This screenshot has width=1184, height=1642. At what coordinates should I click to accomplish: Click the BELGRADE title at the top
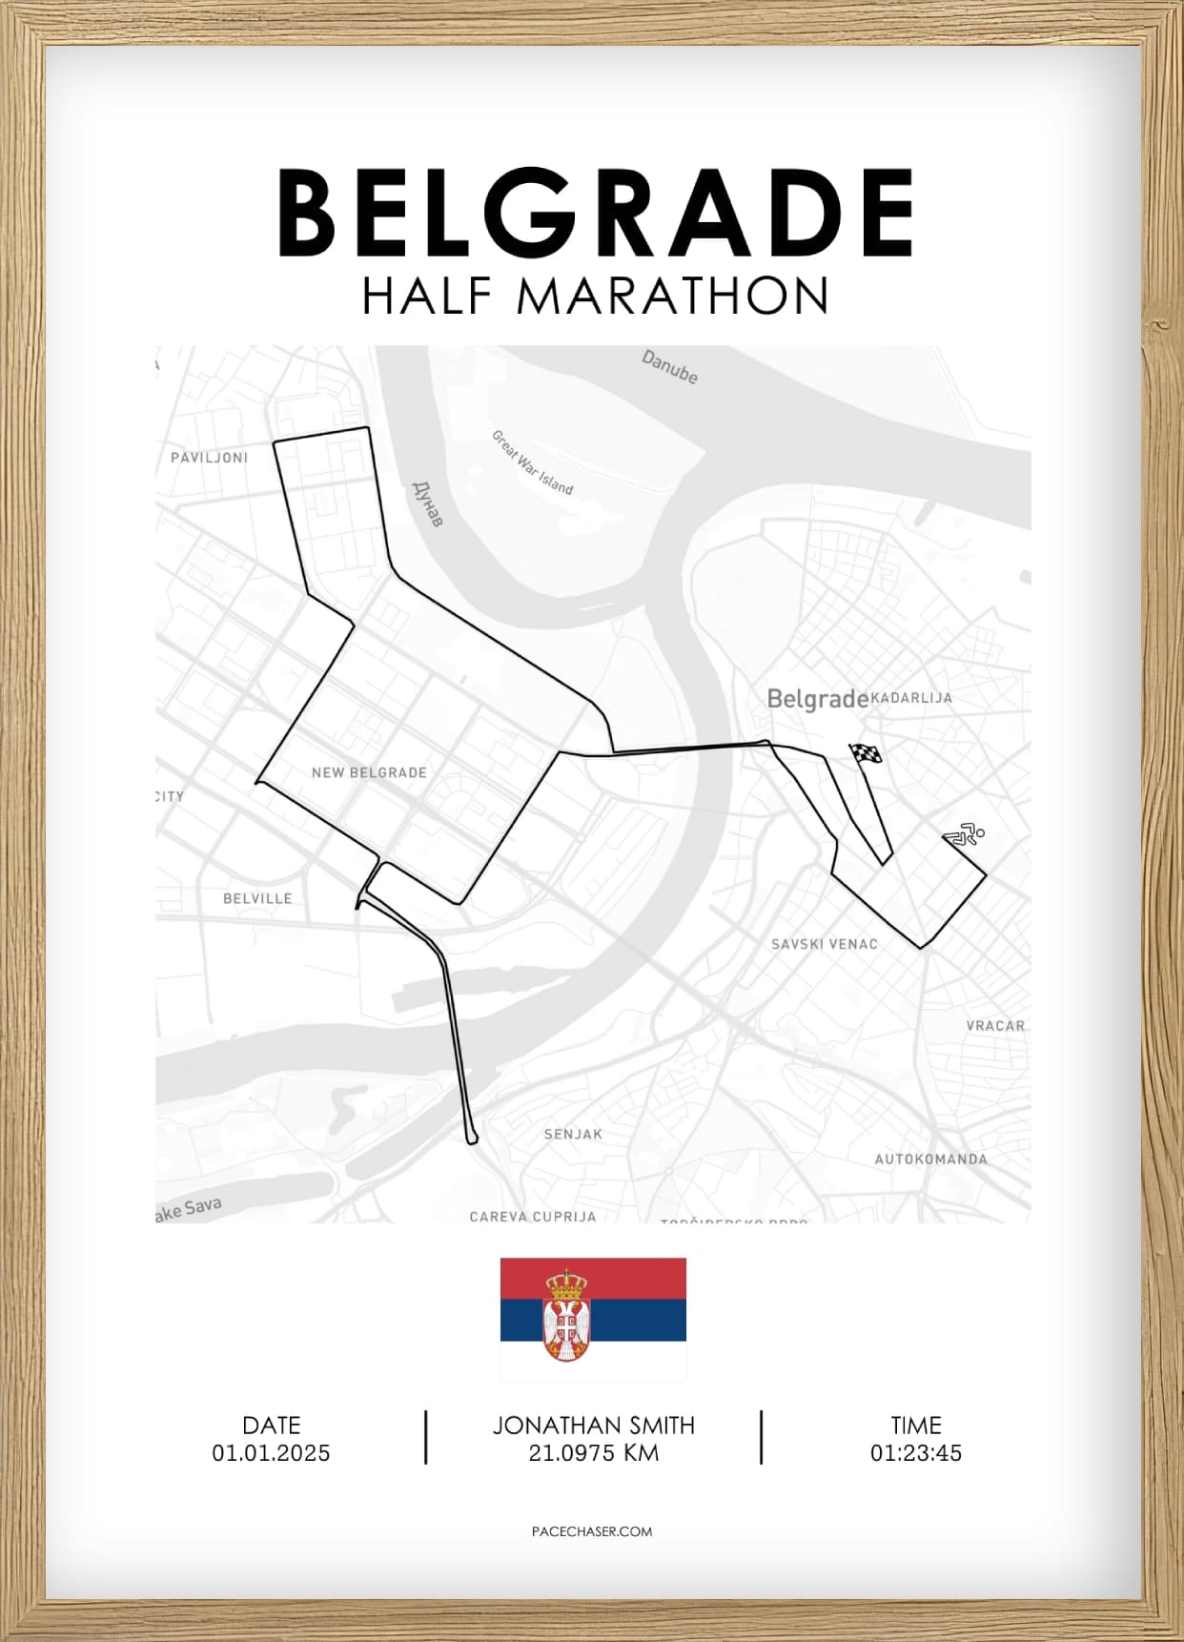pyautogui.click(x=595, y=213)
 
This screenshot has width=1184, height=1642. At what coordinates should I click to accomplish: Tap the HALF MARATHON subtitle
pyautogui.click(x=595, y=296)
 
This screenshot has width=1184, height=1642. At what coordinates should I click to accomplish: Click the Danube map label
pyautogui.click(x=669, y=367)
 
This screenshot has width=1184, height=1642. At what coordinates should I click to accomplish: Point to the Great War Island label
pyautogui.click(x=532, y=462)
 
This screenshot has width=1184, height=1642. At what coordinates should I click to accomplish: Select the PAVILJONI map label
pyautogui.click(x=209, y=458)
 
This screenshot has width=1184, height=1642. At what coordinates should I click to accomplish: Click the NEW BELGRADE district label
pyautogui.click(x=369, y=772)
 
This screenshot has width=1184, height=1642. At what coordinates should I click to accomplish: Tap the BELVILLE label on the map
pyautogui.click(x=257, y=898)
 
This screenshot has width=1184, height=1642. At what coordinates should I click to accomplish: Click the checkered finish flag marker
pyautogui.click(x=866, y=754)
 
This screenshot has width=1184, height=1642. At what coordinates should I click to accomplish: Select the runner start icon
pyautogui.click(x=965, y=835)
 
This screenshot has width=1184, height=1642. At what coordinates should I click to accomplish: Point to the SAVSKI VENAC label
pyautogui.click(x=824, y=944)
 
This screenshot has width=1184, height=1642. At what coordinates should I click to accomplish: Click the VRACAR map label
pyautogui.click(x=995, y=1026)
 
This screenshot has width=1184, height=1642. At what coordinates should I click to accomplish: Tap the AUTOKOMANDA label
pyautogui.click(x=930, y=1160)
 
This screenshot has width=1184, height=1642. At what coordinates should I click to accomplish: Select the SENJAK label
pyautogui.click(x=573, y=1134)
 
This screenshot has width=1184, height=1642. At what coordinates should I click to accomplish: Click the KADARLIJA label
pyautogui.click(x=911, y=698)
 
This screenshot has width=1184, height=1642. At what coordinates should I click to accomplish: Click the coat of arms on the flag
pyautogui.click(x=566, y=1316)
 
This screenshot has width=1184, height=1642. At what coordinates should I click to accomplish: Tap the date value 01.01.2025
pyautogui.click(x=271, y=1453)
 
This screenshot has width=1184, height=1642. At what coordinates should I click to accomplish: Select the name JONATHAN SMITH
pyautogui.click(x=593, y=1426)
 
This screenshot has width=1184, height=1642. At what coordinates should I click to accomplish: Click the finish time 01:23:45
pyautogui.click(x=915, y=1453)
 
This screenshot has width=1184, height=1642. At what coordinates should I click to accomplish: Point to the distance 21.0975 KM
pyautogui.click(x=593, y=1453)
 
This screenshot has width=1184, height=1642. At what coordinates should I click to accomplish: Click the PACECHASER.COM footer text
pyautogui.click(x=592, y=1531)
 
